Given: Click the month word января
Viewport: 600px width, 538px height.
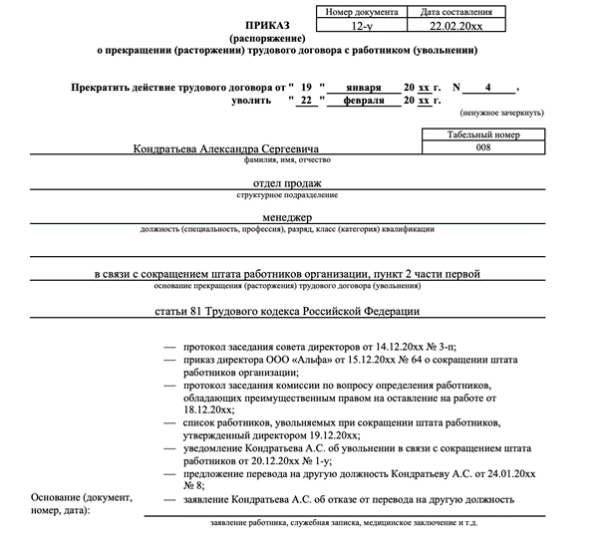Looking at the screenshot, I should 363,88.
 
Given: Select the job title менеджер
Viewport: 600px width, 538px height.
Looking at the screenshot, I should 288,218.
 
